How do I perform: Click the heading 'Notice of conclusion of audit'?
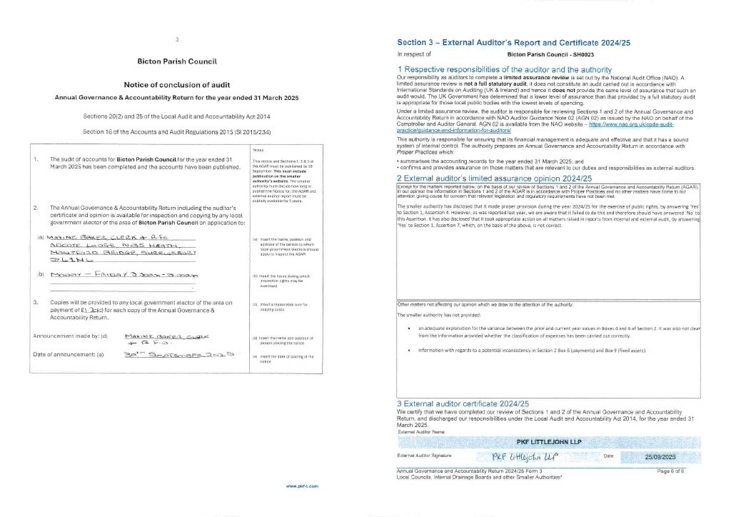[176, 84]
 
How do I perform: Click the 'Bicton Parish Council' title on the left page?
[176, 61]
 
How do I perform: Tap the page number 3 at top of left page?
[176, 39]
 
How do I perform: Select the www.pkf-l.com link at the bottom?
[302, 486]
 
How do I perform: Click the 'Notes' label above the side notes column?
[258, 150]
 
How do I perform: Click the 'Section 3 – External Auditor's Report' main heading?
[513, 43]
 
